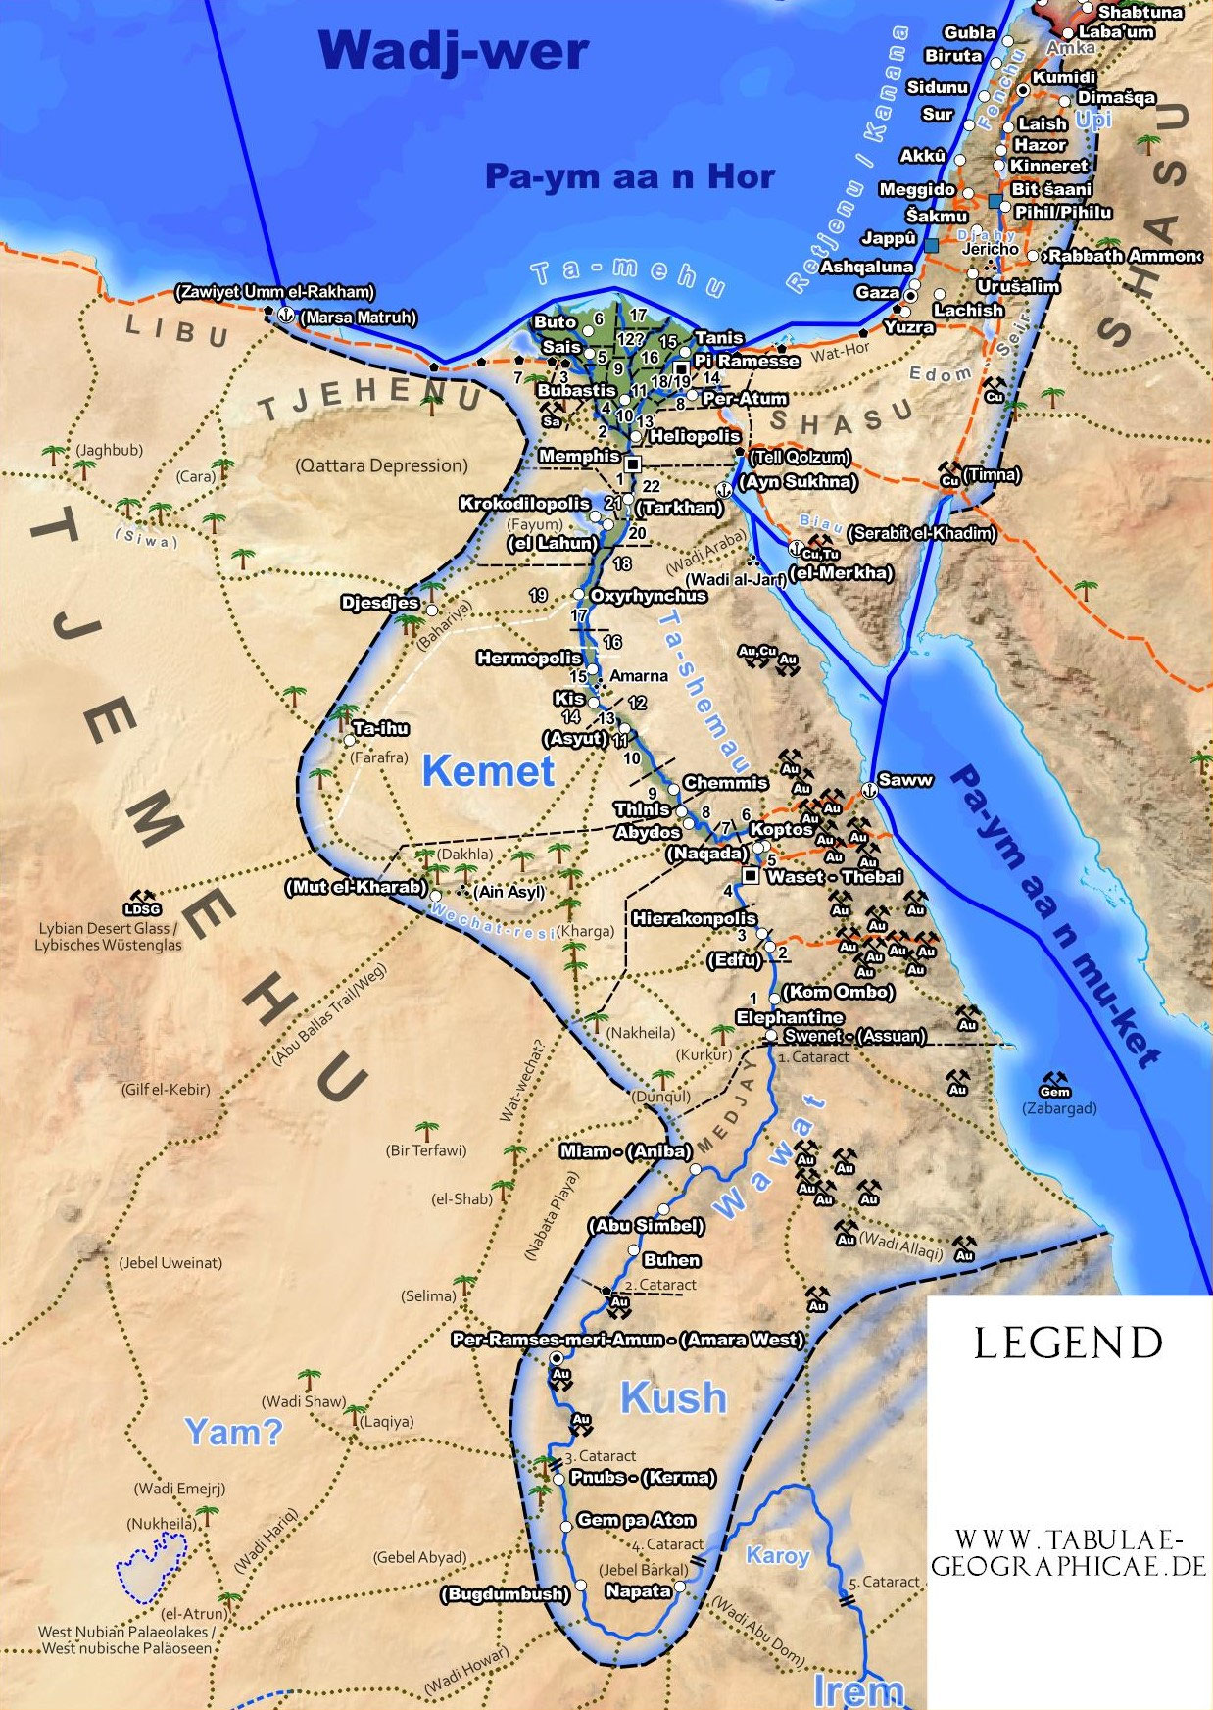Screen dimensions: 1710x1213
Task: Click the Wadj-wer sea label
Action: (x=453, y=51)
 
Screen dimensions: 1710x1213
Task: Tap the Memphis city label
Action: (x=579, y=457)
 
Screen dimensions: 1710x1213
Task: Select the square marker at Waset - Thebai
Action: (x=751, y=875)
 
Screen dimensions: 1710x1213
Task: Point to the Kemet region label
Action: (x=488, y=771)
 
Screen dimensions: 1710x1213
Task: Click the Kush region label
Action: (x=673, y=1398)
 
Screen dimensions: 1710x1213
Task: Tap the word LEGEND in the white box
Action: (x=1068, y=1344)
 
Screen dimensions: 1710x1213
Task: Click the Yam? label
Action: (x=233, y=1433)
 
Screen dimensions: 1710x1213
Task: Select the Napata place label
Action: (x=638, y=1591)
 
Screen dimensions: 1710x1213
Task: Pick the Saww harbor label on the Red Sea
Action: (x=905, y=780)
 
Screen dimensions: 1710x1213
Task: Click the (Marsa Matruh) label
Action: (x=358, y=318)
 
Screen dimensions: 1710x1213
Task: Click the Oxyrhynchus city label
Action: (x=648, y=596)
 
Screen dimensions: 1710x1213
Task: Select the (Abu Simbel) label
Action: (x=646, y=1226)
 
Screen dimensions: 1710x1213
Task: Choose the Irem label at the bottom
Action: (x=857, y=1690)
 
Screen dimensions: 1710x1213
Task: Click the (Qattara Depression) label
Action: (x=381, y=465)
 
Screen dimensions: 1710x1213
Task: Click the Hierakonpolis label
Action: (x=694, y=919)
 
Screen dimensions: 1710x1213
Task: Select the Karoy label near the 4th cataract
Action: (x=777, y=1555)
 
